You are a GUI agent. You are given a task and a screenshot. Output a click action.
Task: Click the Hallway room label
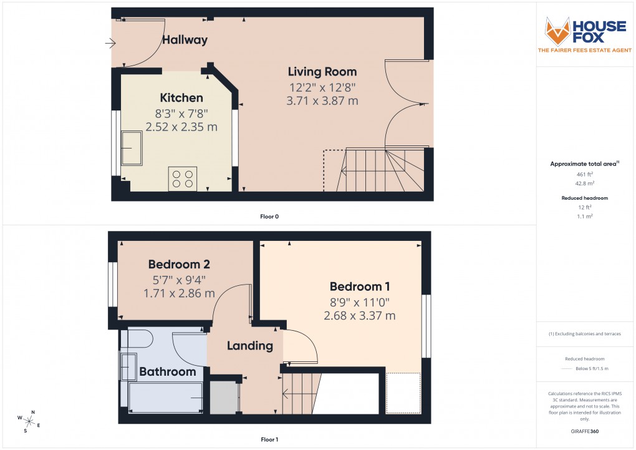(185, 40)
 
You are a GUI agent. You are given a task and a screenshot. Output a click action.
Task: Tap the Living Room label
(322, 72)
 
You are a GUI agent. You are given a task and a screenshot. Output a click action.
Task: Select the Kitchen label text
(181, 98)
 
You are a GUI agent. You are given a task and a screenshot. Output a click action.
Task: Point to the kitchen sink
(132, 148)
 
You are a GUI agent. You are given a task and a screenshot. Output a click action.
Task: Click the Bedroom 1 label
(360, 286)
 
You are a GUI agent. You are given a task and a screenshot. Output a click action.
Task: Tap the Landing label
(249, 346)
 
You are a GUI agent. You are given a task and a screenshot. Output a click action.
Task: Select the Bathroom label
(167, 372)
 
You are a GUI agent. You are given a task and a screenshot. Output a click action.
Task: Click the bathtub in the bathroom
(165, 396)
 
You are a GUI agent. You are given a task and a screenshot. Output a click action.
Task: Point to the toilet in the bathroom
(136, 340)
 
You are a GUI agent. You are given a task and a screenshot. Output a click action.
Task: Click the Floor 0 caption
(269, 217)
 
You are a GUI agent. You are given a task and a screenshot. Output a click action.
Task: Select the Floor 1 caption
(269, 439)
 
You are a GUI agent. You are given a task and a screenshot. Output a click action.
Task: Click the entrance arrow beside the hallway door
(111, 43)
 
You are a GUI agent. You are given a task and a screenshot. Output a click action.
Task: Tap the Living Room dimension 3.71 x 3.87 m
(322, 100)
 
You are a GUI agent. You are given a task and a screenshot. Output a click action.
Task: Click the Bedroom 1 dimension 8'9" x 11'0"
(360, 301)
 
